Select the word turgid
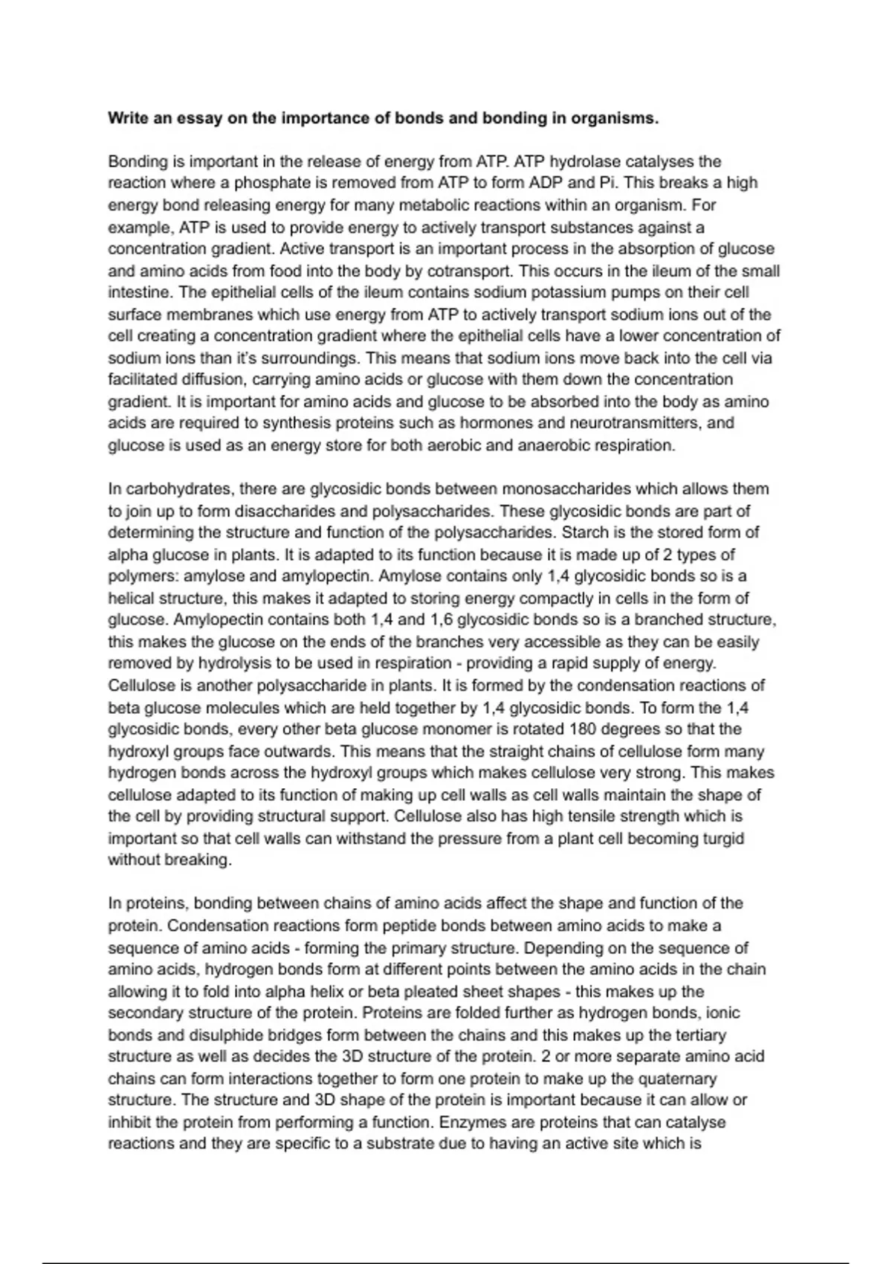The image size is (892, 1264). (x=722, y=838)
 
